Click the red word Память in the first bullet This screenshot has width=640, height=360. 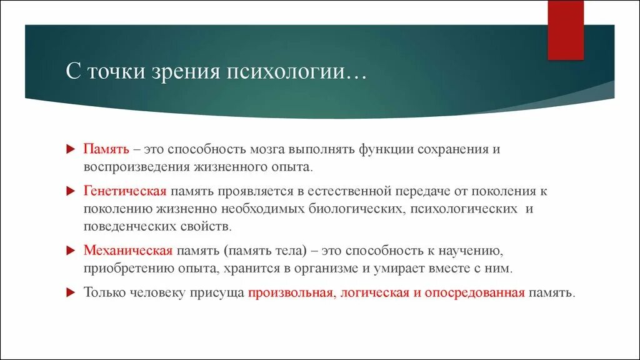point(107,150)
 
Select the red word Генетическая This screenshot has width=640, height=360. point(124,191)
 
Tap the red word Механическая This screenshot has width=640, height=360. point(127,251)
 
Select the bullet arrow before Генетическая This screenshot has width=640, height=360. point(71,191)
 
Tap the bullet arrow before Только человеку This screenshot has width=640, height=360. point(71,292)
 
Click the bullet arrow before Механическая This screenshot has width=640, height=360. point(71,251)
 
